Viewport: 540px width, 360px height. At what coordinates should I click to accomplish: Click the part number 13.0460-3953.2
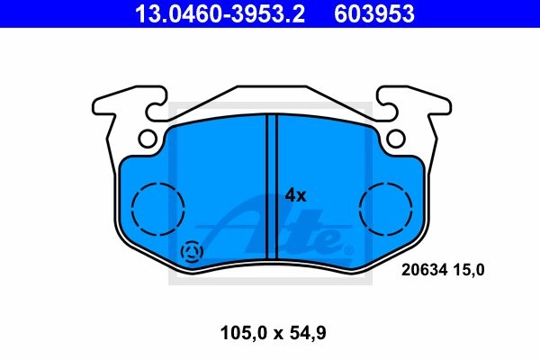pos(220,13)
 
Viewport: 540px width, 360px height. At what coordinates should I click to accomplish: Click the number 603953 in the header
pos(374,13)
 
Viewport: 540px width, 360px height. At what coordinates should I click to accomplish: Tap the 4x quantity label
pos(295,195)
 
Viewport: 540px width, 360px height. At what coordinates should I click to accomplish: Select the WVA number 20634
pos(424,269)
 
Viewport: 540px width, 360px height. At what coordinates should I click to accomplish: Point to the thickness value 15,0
pos(468,270)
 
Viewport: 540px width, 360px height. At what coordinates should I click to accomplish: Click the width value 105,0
pos(244,333)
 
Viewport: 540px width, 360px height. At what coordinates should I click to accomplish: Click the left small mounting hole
pos(148,138)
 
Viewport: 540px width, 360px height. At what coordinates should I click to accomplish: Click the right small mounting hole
pos(396,138)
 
